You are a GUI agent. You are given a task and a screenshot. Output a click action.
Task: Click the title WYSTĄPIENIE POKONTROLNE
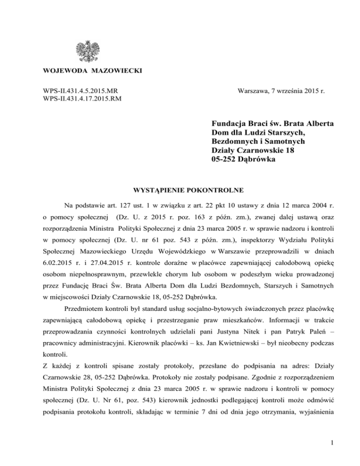click(180, 191)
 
